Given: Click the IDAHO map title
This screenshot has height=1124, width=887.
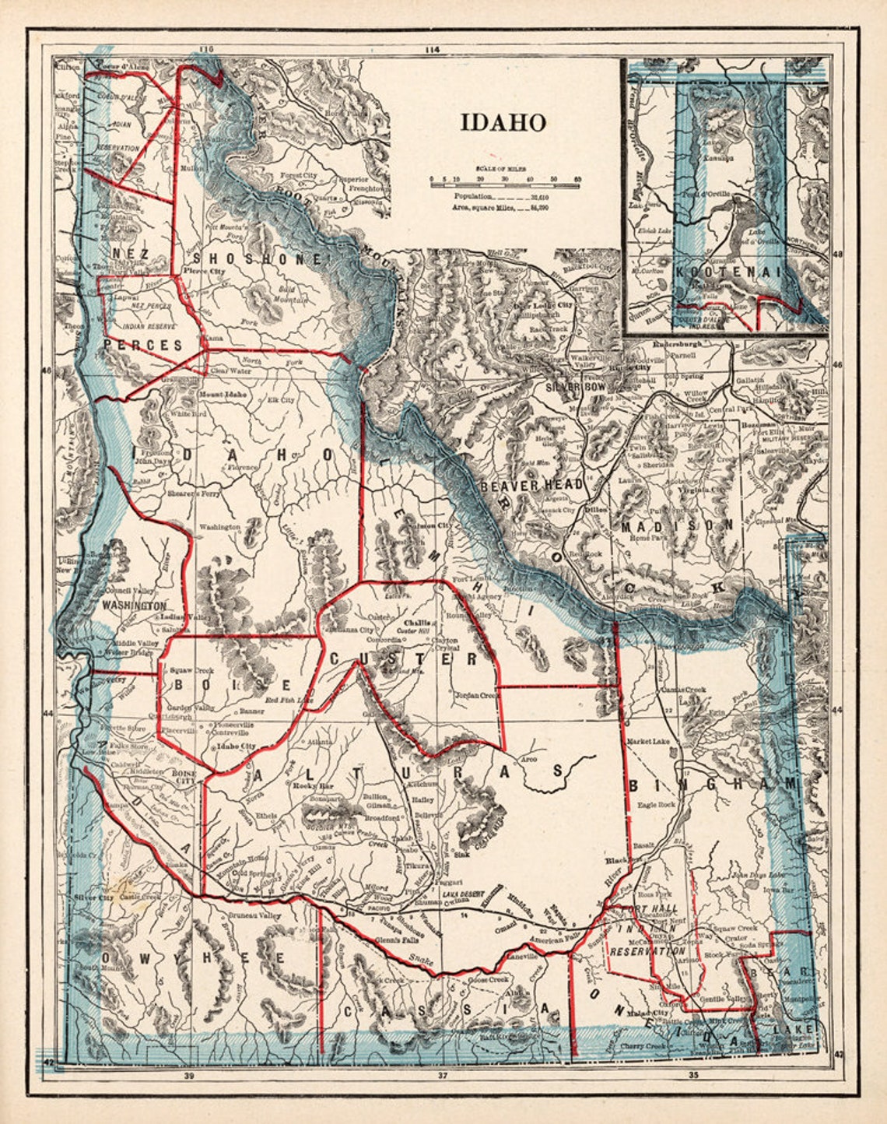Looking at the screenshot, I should [x=503, y=122].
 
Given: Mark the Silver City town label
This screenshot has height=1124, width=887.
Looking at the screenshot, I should [x=94, y=897].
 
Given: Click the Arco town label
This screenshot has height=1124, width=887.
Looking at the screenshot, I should [x=529, y=758].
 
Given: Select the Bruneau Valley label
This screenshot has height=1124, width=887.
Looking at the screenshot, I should [x=254, y=916].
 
